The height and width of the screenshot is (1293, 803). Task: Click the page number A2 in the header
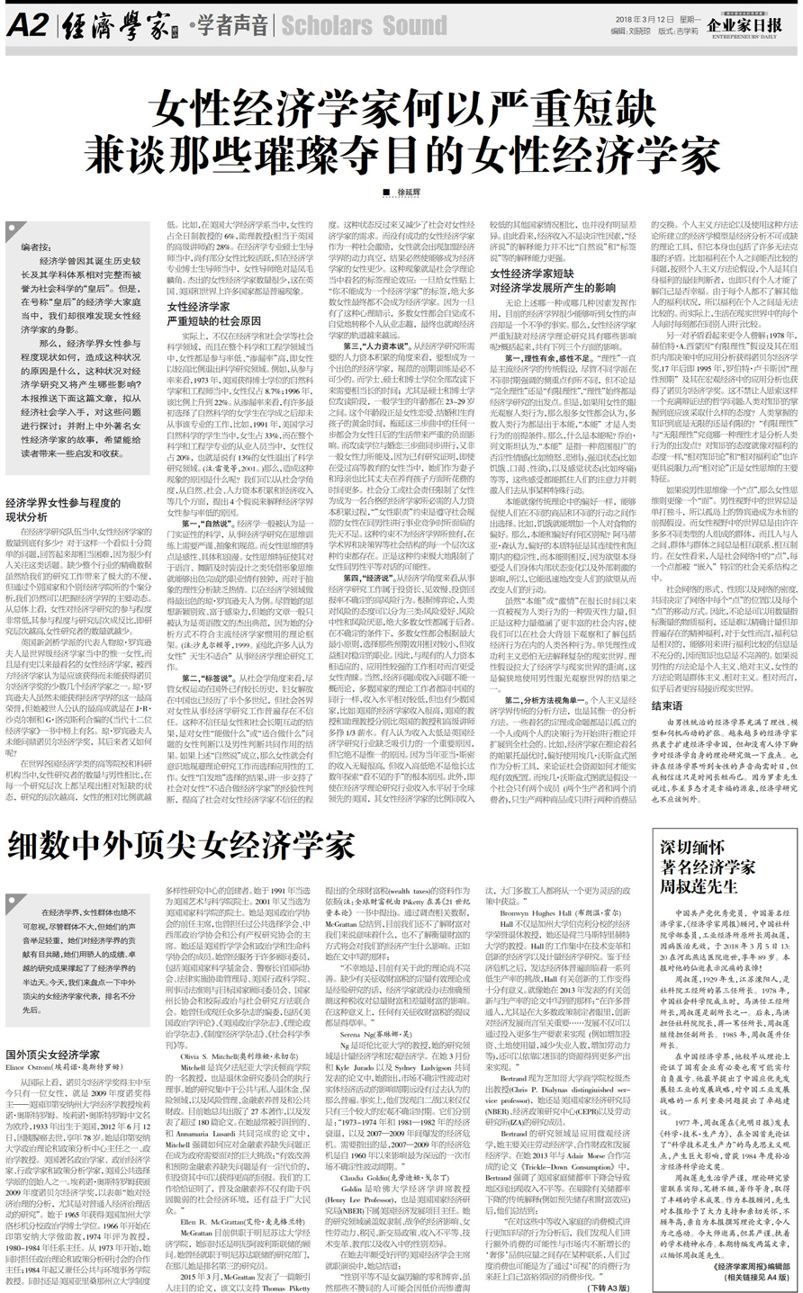[x=27, y=24]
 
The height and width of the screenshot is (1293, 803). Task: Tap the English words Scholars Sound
[x=365, y=25]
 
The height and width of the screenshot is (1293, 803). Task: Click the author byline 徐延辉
[x=409, y=192]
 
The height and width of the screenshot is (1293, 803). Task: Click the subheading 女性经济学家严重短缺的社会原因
[x=213, y=313]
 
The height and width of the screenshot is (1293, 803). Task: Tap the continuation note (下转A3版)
[x=609, y=1288]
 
